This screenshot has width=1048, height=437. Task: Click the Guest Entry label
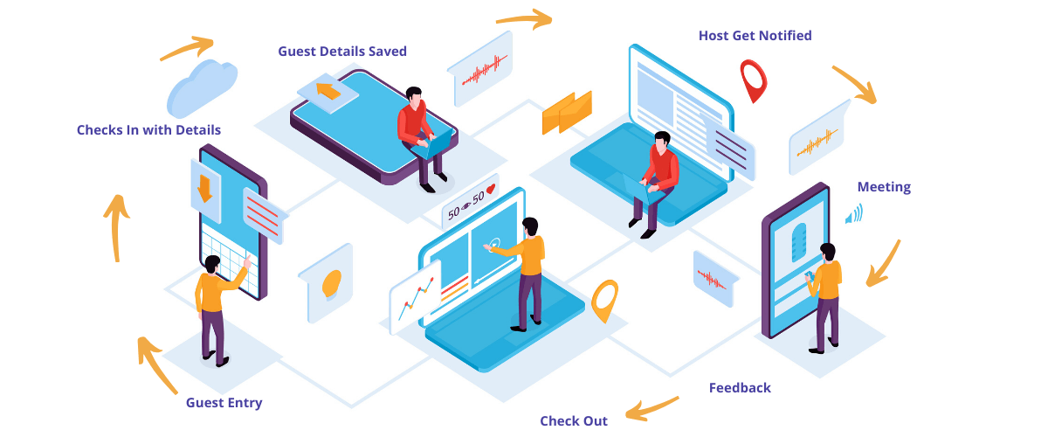(224, 403)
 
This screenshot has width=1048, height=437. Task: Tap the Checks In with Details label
(148, 130)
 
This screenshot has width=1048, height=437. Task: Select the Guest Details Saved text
(342, 52)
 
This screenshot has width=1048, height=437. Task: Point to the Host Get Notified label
(755, 36)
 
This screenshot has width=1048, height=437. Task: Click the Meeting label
(884, 187)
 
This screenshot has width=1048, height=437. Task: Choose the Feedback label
(740, 388)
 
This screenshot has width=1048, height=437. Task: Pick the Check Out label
(573, 421)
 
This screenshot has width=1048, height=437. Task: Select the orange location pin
(603, 300)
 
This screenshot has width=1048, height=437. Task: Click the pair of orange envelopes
(566, 113)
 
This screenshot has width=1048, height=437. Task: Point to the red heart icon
(492, 188)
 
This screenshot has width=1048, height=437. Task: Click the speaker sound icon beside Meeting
(854, 214)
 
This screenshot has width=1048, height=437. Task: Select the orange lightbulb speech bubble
(330, 282)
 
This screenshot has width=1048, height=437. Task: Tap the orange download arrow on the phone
(205, 188)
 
